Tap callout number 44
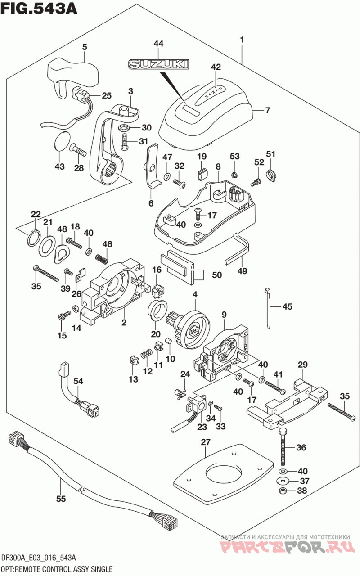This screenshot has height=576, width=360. (158, 44)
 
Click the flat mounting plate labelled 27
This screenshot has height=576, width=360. (223, 471)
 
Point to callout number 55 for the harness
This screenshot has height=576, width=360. (61, 499)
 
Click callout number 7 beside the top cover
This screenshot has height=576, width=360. (267, 110)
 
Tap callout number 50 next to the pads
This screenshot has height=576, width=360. (217, 274)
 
